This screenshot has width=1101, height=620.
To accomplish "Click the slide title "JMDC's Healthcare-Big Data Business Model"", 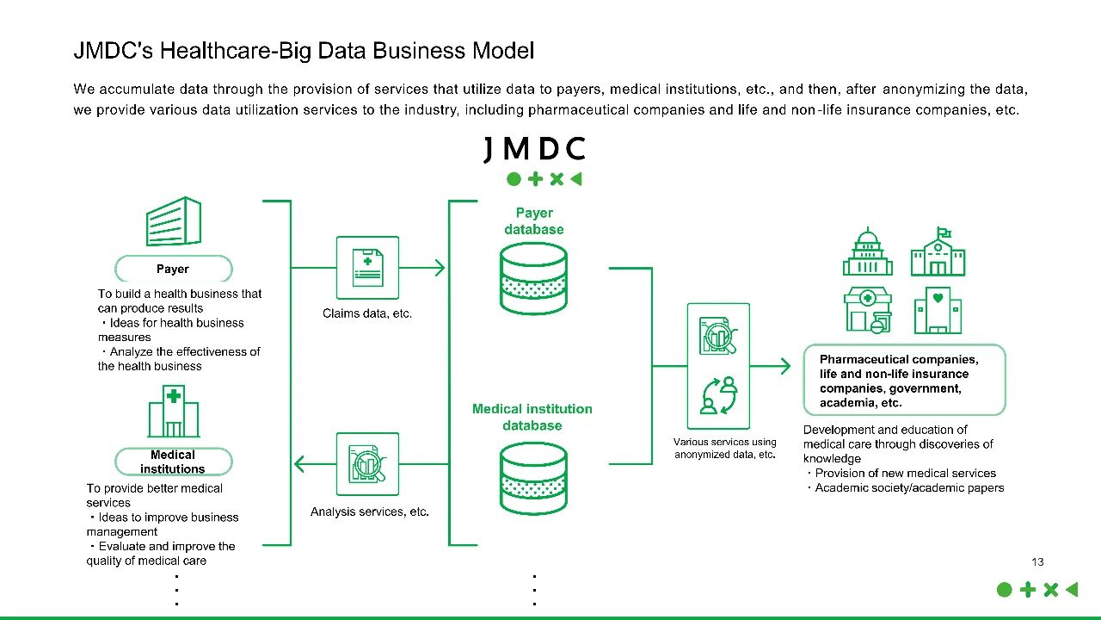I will pos(304,51).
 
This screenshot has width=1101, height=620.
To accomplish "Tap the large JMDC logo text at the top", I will pos(534,149).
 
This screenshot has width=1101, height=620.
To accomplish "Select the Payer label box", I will pos(173,269).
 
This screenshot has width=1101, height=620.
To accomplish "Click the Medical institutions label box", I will pos(173,462).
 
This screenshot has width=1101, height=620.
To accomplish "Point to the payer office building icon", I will pos(175,221).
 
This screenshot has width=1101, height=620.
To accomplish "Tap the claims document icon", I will pos(367,268).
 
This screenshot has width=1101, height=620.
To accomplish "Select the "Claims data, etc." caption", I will pos(367,313).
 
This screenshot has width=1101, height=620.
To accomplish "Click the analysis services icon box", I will pos(367,464).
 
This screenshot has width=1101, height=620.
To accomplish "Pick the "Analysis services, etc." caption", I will pos(370,512).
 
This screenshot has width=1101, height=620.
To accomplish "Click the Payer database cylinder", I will pos(534,277).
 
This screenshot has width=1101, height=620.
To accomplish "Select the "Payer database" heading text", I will pos(534,221).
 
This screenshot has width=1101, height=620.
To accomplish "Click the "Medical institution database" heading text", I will pos(532,417).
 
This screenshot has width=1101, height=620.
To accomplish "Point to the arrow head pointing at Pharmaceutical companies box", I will pos(784,366).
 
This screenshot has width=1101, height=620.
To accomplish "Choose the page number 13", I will pos(1037,562).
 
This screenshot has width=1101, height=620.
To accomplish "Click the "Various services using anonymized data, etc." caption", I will pos(725,449).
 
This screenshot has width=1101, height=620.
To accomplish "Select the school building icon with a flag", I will pos(938,251).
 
